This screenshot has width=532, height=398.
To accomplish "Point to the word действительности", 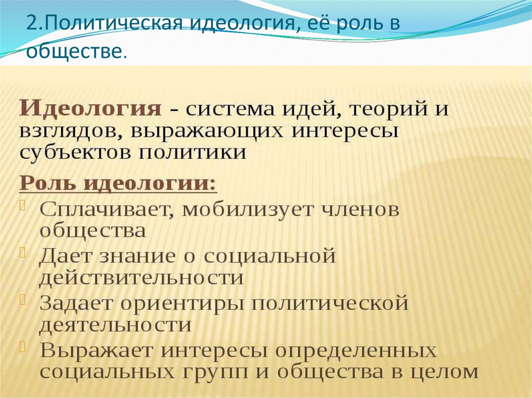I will click(141, 278).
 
